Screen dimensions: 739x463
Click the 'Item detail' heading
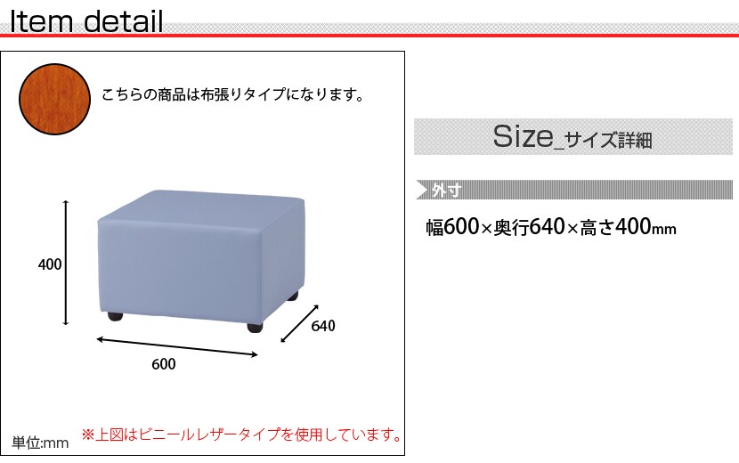[86, 21]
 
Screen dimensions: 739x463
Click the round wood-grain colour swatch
[54, 100]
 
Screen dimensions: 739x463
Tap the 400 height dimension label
[50, 264]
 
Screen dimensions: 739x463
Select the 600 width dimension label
[164, 364]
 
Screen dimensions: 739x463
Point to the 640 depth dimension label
[323, 326]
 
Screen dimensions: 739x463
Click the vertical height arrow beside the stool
[66, 263]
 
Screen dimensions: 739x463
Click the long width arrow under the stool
[177, 347]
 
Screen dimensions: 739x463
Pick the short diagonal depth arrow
[300, 323]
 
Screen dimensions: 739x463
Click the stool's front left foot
[115, 316]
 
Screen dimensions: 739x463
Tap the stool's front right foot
[256, 327]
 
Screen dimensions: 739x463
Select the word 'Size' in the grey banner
[523, 136]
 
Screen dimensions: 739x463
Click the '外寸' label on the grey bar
[447, 191]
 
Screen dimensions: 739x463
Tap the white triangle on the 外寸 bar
[421, 190]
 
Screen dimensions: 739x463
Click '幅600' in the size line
[452, 227]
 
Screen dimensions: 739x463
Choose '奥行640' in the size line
[529, 227]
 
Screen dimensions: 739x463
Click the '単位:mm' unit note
[40, 443]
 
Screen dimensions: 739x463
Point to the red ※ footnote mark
[87, 435]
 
